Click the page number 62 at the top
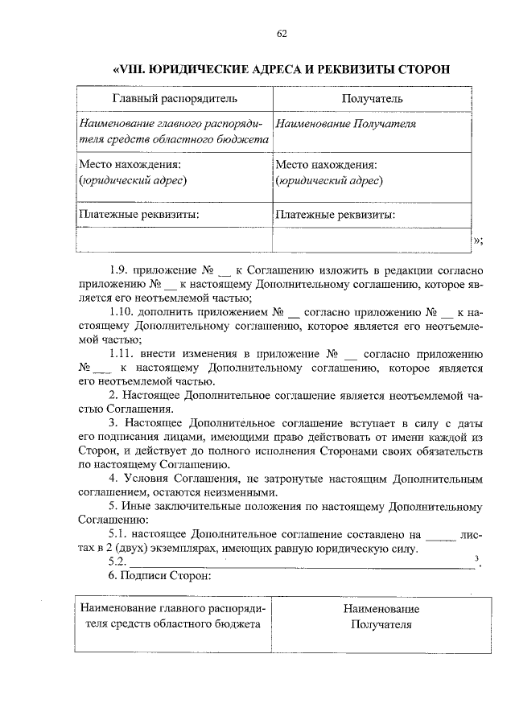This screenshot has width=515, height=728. point(282,33)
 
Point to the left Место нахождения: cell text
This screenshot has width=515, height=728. point(130,164)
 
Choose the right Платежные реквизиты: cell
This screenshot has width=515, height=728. point(335,215)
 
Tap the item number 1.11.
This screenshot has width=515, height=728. point(123,355)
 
